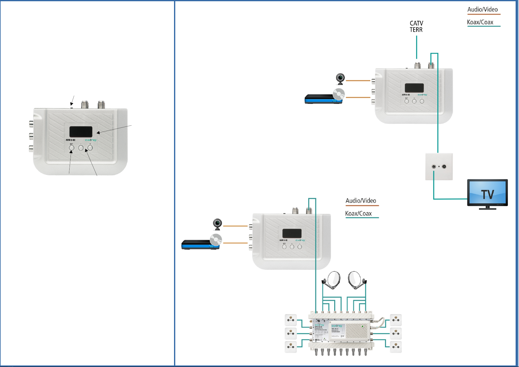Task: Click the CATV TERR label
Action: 416,27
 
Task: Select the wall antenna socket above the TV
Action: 439,167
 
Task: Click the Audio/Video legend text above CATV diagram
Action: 482,10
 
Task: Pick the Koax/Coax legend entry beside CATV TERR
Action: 480,22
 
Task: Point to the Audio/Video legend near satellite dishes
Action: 361,201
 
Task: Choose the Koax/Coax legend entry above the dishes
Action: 358,214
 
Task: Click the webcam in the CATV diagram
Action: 340,79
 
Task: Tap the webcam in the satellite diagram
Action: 217,224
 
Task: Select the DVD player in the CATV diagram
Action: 323,99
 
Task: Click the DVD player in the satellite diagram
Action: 201,244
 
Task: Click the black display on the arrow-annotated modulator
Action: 81,132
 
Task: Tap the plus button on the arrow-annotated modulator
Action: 90,148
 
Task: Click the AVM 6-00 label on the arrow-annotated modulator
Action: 70,140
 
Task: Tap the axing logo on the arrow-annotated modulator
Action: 91,140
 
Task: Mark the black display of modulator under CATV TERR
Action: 414,88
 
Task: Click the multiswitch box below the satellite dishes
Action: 341,331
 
